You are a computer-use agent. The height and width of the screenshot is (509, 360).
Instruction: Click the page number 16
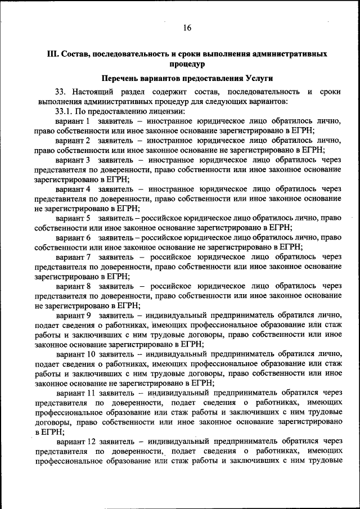[187, 28]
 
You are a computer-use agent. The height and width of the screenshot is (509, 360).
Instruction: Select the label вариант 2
[73, 141]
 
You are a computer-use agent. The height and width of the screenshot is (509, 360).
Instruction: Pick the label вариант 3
[73, 160]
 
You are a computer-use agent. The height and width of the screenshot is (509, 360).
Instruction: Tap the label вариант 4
[73, 188]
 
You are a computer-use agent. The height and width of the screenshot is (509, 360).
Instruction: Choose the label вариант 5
[73, 217]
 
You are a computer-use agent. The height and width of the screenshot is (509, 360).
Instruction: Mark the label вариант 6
[73, 237]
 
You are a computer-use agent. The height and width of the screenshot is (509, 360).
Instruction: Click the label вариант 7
[73, 256]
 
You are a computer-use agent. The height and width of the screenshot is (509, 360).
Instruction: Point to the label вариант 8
[73, 286]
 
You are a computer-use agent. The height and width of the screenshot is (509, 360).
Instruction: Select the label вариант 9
[73, 314]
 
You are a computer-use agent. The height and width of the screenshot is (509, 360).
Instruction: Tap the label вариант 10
[75, 353]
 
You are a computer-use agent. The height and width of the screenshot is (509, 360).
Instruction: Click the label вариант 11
[75, 392]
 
